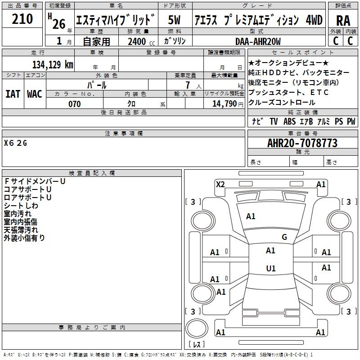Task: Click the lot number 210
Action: point(22,19)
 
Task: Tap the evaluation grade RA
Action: point(343,20)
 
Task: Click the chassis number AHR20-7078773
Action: point(302,143)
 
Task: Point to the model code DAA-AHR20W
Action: point(258,41)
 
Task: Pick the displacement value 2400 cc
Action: point(139,42)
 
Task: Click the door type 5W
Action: point(174,20)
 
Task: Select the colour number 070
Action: point(74,104)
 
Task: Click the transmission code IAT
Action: point(13,94)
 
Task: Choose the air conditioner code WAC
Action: point(34,94)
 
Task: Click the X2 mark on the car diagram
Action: point(220,184)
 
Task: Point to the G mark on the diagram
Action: point(284,237)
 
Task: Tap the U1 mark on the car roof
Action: point(270,269)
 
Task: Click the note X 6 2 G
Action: point(16,143)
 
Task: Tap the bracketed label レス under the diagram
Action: point(197,345)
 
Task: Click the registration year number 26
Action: point(58,23)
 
